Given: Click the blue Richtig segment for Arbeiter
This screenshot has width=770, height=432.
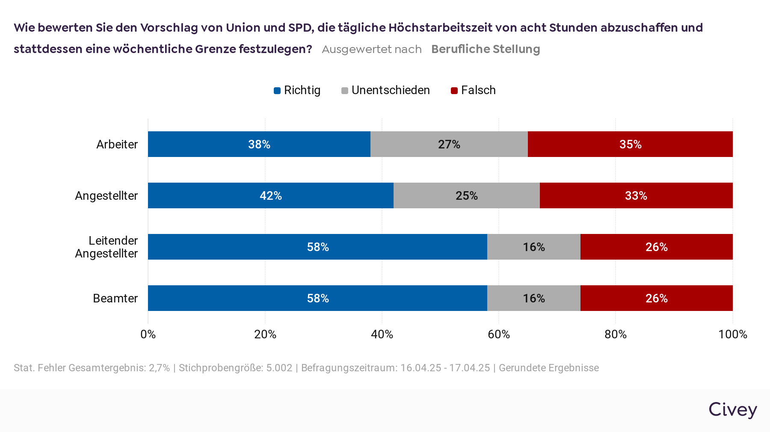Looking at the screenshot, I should pos(259,144).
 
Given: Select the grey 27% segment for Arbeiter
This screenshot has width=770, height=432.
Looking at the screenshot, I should pos(449,144).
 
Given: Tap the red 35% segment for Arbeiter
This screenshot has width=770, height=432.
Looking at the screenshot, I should pos(630,144).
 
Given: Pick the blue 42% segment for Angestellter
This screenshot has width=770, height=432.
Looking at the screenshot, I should pos(270,195).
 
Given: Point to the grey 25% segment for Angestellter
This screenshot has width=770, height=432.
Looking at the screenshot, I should pos(466,195).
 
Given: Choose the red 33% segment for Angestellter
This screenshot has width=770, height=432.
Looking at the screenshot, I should pos(636,195).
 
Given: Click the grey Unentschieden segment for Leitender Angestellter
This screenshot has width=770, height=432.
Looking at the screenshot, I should pos(533,247).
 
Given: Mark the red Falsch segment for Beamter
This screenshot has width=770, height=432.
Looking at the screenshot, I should pos(656,298).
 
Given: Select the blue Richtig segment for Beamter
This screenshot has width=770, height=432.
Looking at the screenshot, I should pos(317,298).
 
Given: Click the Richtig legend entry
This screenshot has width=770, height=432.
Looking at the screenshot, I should pos(297,90).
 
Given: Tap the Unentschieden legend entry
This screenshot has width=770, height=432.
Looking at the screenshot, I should pos(385,90).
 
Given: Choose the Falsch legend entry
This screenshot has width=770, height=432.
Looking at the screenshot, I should pos(474,90).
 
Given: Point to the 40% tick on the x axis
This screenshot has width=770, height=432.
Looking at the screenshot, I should pos(382,334).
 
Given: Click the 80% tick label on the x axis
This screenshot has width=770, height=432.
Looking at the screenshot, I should pos(615,334).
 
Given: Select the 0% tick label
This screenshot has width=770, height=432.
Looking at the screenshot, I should pos(148,334).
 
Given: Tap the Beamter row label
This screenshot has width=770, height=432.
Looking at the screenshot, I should pos(115,298).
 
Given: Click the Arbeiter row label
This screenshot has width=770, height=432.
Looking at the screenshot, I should pos(117,144).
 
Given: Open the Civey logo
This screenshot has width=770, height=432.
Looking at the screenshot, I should pos(732,409).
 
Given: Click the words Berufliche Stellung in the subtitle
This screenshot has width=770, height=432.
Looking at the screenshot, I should pos(486,49).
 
